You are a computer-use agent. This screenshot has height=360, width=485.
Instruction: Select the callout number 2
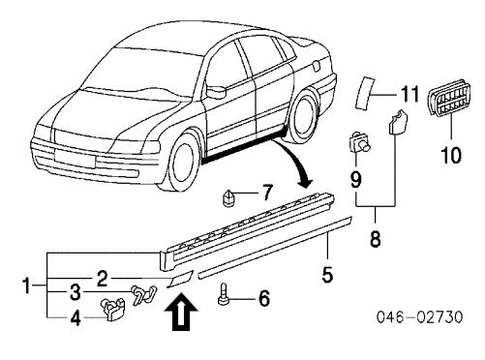point(101,277)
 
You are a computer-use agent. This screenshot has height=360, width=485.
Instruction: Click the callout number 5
point(327,275)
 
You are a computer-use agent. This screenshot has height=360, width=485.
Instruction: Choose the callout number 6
point(264,299)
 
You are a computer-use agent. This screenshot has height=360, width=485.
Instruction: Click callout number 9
point(355,178)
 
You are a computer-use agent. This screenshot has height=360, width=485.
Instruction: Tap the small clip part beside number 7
point(231,196)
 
